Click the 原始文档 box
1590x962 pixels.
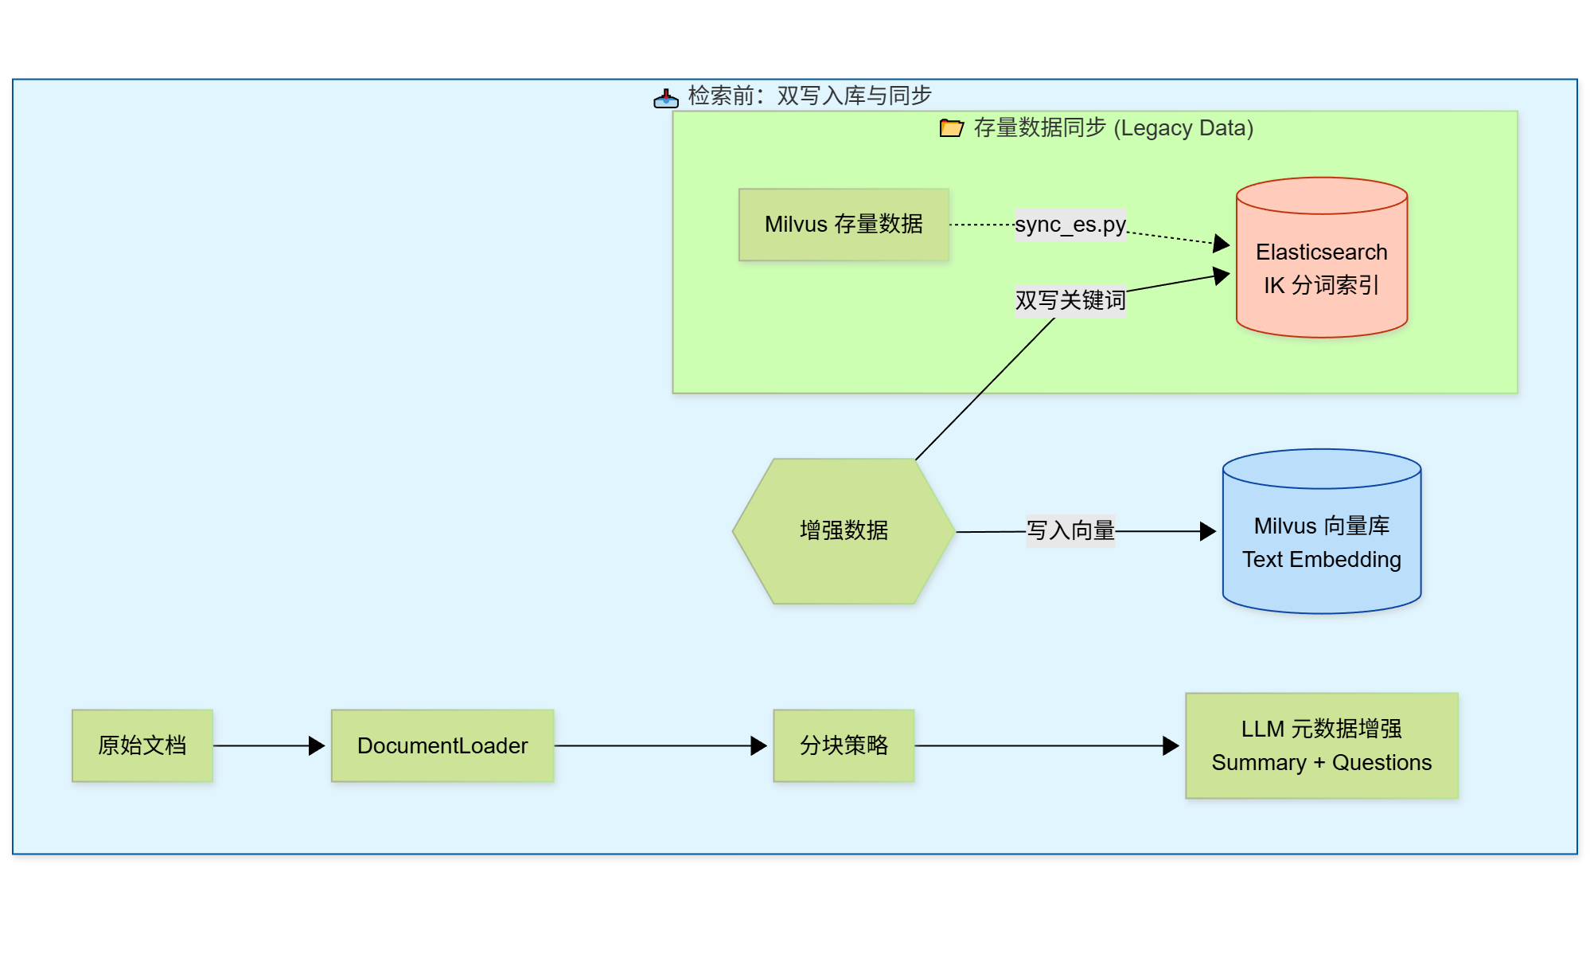tap(142, 745)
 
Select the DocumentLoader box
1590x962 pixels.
tap(442, 745)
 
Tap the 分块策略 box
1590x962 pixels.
tap(844, 745)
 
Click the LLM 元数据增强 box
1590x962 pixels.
tap(1321, 729)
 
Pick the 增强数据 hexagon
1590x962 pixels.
tap(844, 530)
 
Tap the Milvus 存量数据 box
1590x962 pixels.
tap(844, 225)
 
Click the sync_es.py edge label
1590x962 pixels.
tap(1070, 225)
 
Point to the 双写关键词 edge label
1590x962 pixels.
tap(1070, 300)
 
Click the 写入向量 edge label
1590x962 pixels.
tap(1070, 530)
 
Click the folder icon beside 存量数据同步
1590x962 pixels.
tap(951, 127)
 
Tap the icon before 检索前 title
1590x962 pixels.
tap(665, 97)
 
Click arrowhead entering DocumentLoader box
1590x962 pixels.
tap(318, 745)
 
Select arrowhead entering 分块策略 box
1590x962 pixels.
tap(759, 745)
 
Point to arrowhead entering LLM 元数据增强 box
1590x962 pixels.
tap(1171, 745)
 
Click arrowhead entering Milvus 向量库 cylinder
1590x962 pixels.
tap(1208, 531)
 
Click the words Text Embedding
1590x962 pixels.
tap(1321, 560)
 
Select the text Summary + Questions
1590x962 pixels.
tap(1321, 763)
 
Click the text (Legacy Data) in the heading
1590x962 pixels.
tap(1183, 128)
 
